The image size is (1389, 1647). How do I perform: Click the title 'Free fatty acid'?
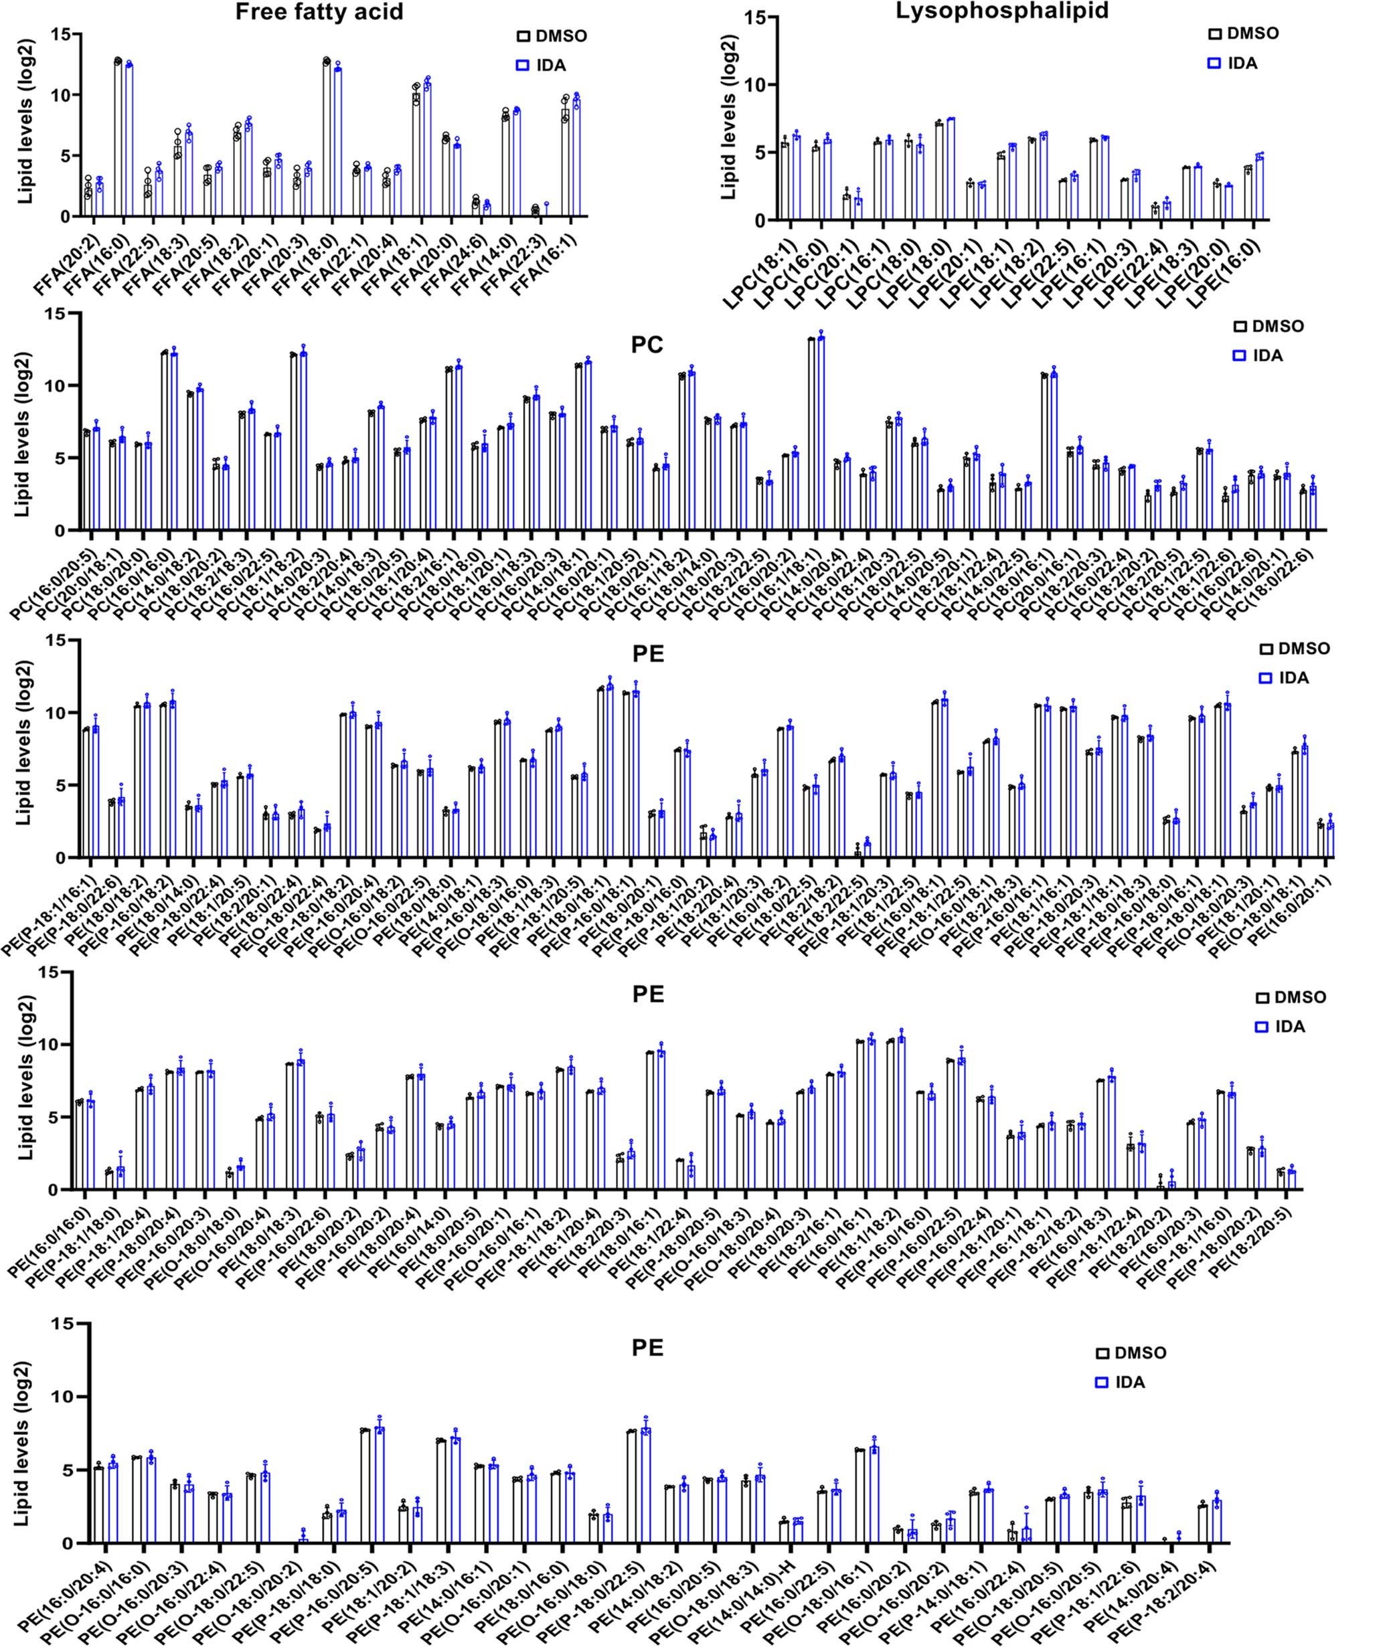point(319,12)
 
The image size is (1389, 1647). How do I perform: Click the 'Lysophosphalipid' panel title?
point(1002,11)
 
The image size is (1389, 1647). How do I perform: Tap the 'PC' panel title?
point(647,345)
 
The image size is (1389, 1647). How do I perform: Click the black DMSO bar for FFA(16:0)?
point(118,142)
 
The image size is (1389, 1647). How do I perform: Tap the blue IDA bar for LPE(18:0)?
point(951,170)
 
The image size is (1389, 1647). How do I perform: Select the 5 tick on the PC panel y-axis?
point(68,458)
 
